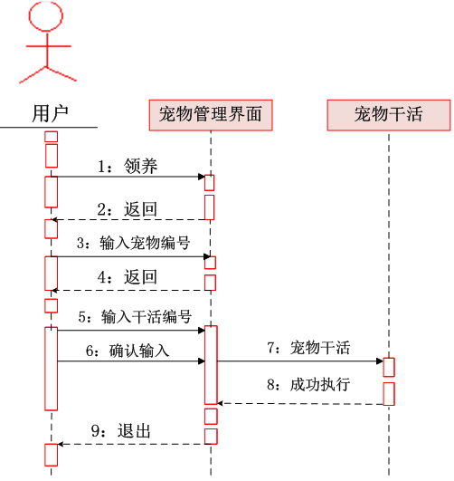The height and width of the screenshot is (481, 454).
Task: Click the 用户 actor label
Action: [x=51, y=114]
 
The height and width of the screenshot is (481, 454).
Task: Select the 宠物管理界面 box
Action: [x=210, y=114]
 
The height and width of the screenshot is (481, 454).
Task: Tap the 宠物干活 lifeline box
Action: [x=388, y=114]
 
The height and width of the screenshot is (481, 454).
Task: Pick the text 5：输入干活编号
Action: [x=134, y=317]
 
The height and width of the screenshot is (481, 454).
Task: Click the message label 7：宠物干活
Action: [x=308, y=348]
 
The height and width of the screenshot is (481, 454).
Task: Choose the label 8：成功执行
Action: [x=308, y=384]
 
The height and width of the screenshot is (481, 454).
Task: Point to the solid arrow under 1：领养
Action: [x=131, y=178]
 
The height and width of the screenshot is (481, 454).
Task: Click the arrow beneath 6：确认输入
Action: [x=131, y=361]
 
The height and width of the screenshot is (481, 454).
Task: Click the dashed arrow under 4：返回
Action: [x=131, y=290]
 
